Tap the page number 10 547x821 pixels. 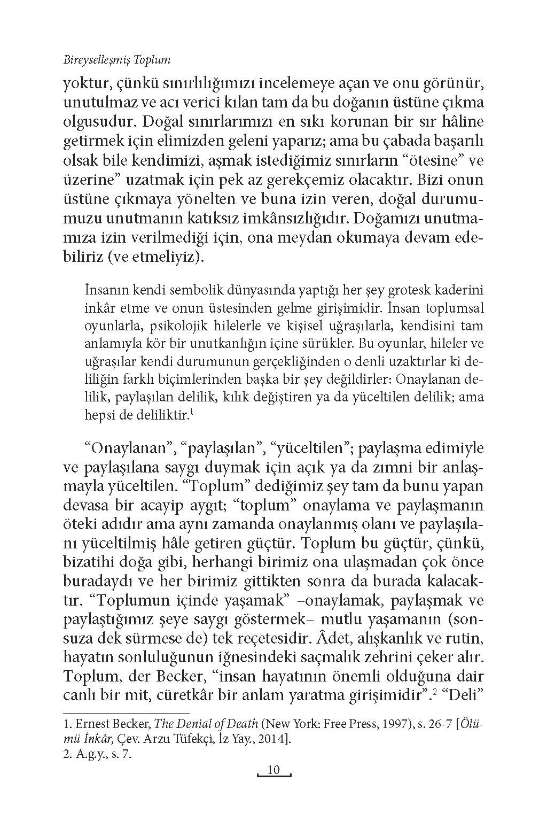(273, 770)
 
